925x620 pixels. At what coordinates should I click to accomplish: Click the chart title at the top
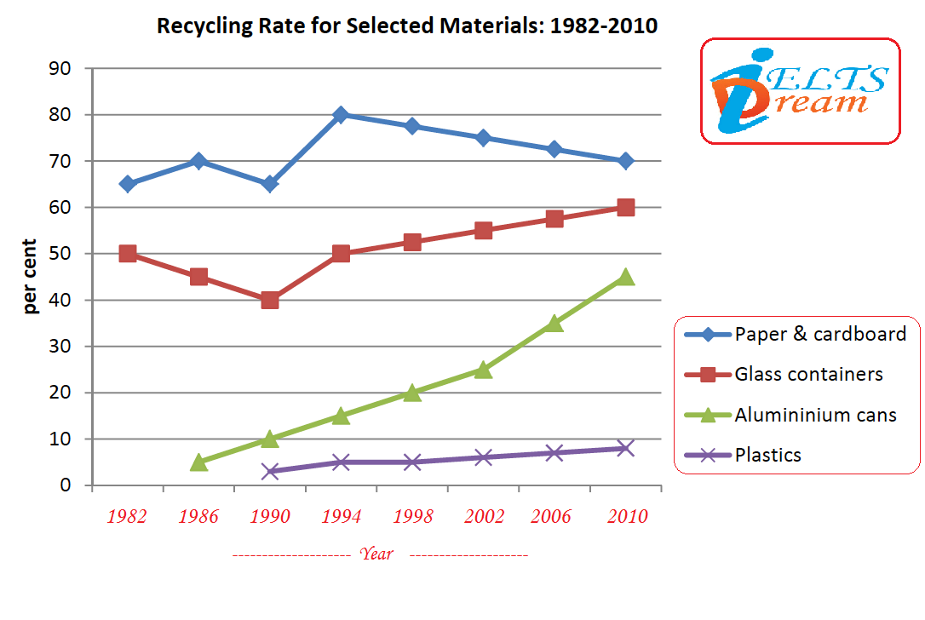(x=407, y=26)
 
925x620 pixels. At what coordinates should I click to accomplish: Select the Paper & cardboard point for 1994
(x=341, y=115)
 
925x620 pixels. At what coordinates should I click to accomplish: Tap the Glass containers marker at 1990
(x=270, y=300)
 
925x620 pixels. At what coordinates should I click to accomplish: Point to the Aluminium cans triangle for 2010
(x=625, y=277)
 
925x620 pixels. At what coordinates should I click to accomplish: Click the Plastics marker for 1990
(x=270, y=471)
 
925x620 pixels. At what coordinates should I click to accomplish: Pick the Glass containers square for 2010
(x=625, y=207)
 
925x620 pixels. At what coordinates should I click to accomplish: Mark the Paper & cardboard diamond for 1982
(x=128, y=184)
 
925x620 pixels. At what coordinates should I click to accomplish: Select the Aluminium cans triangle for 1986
(x=198, y=462)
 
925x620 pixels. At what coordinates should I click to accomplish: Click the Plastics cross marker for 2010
(x=625, y=448)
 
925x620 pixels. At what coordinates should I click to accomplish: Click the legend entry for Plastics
(x=767, y=455)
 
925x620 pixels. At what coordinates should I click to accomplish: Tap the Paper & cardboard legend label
(x=820, y=334)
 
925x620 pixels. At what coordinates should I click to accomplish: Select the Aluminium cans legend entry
(x=815, y=415)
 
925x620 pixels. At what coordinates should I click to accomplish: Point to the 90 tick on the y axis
(x=60, y=69)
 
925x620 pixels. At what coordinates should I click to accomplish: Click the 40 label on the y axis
(x=60, y=301)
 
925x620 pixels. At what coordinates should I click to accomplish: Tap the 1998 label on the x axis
(x=412, y=516)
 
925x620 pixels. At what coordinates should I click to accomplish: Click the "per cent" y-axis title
(x=32, y=277)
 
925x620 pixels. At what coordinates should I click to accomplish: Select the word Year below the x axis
(x=376, y=554)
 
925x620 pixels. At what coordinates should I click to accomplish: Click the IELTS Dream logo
(x=800, y=91)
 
